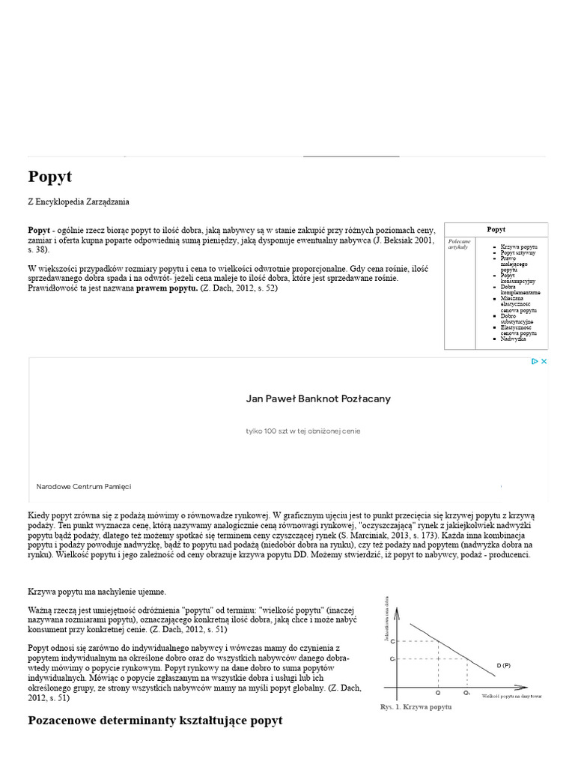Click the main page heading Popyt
click(50, 177)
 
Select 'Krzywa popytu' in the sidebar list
click(519, 246)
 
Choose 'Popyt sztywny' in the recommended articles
click(518, 253)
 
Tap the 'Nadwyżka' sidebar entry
click(514, 339)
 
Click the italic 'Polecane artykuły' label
click(458, 244)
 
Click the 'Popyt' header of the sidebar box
click(496, 229)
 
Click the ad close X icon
click(544, 362)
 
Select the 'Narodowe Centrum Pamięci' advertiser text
click(84, 486)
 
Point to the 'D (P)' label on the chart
click(503, 665)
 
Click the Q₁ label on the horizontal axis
click(466, 693)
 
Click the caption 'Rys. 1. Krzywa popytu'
click(416, 707)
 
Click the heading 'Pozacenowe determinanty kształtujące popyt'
click(155, 721)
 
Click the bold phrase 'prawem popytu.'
click(166, 288)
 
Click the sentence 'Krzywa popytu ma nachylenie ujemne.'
click(97, 592)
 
